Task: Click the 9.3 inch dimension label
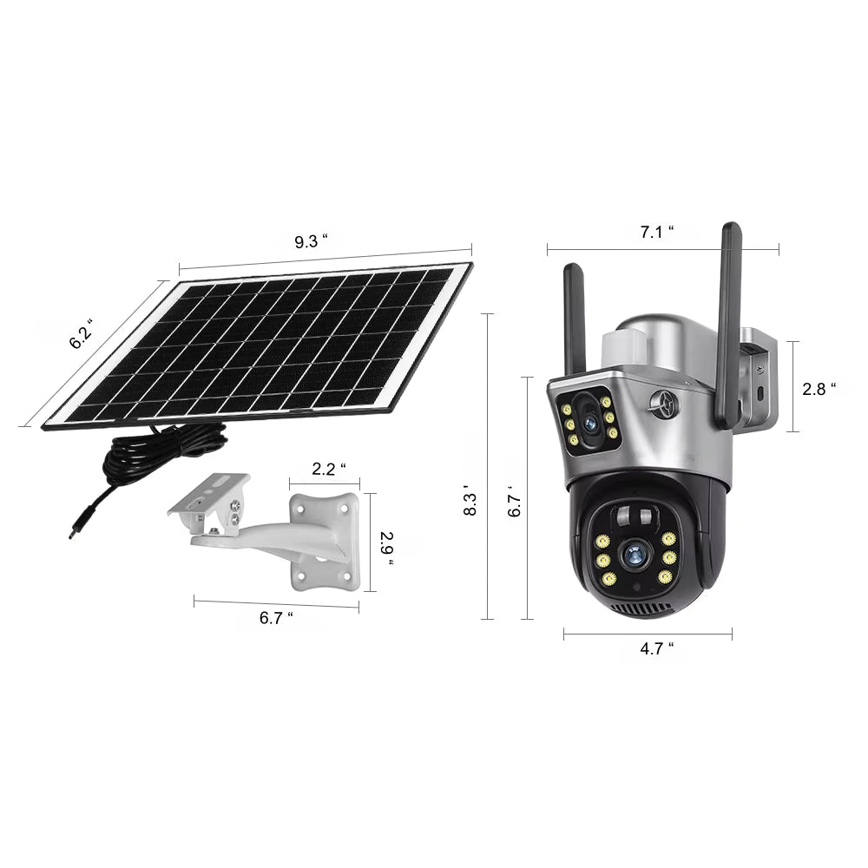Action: pyautogui.click(x=311, y=241)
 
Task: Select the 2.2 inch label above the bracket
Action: pyautogui.click(x=329, y=469)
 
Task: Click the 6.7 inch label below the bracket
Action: pyautogui.click(x=276, y=617)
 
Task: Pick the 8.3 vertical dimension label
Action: pyautogui.click(x=470, y=503)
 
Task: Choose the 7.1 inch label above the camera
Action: pyautogui.click(x=657, y=232)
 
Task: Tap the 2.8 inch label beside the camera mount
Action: pyautogui.click(x=819, y=389)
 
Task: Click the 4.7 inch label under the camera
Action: pyautogui.click(x=657, y=648)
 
